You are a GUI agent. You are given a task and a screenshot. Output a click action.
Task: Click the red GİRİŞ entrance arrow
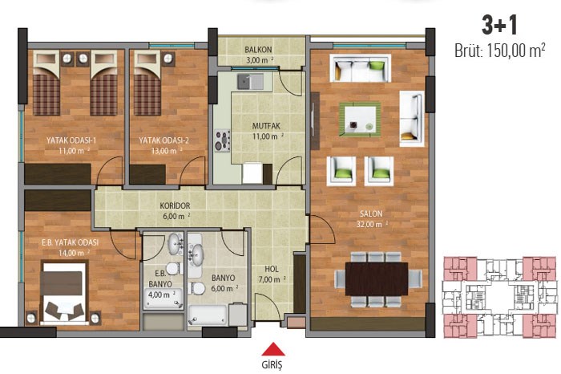tap(273, 349)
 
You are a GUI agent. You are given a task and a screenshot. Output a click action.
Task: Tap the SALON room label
tap(371, 213)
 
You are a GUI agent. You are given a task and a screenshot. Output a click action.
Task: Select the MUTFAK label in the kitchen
tap(266, 126)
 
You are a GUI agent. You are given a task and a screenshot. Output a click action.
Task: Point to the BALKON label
tap(258, 50)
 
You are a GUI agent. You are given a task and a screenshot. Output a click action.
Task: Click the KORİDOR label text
tap(175, 206)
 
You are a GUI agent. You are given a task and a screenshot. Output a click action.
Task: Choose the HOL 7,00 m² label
tap(272, 274)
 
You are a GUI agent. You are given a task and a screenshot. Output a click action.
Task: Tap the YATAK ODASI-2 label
tap(163, 140)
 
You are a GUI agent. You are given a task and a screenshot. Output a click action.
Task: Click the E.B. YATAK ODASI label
tap(71, 242)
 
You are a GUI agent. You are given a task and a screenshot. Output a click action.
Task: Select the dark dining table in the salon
tap(377, 279)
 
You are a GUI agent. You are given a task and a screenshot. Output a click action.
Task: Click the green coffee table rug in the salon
tap(360, 119)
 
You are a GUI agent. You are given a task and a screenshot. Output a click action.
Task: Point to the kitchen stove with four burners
tap(223, 140)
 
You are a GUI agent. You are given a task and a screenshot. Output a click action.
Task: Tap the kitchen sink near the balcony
tap(250, 81)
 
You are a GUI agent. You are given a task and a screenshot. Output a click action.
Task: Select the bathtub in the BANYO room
tap(208, 315)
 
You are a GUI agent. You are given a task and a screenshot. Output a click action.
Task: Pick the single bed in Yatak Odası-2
tap(147, 83)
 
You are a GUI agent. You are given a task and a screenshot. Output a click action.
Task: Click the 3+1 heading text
tap(499, 26)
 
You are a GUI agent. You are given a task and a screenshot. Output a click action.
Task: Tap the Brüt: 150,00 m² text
tap(500, 51)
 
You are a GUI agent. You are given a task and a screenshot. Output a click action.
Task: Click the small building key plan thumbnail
tap(500, 297)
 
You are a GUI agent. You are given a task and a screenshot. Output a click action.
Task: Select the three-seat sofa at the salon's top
tap(361, 68)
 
